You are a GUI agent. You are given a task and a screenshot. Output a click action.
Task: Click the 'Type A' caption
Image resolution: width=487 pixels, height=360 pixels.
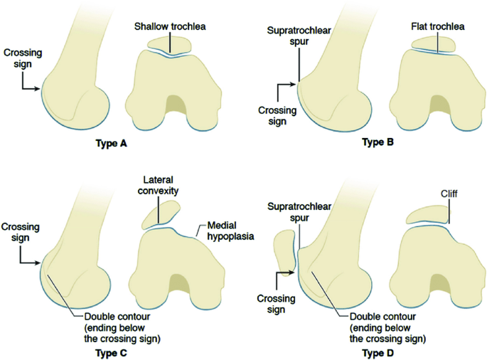[111, 143]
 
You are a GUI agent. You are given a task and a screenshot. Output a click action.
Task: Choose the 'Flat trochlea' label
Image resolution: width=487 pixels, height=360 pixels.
[437, 27]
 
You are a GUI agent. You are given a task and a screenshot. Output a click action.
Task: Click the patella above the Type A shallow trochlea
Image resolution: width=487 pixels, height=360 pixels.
[168, 45]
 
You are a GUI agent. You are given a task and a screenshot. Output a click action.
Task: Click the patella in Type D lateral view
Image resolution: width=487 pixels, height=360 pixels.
[285, 253]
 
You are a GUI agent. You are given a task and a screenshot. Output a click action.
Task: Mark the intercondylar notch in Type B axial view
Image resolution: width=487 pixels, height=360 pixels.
[437, 107]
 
